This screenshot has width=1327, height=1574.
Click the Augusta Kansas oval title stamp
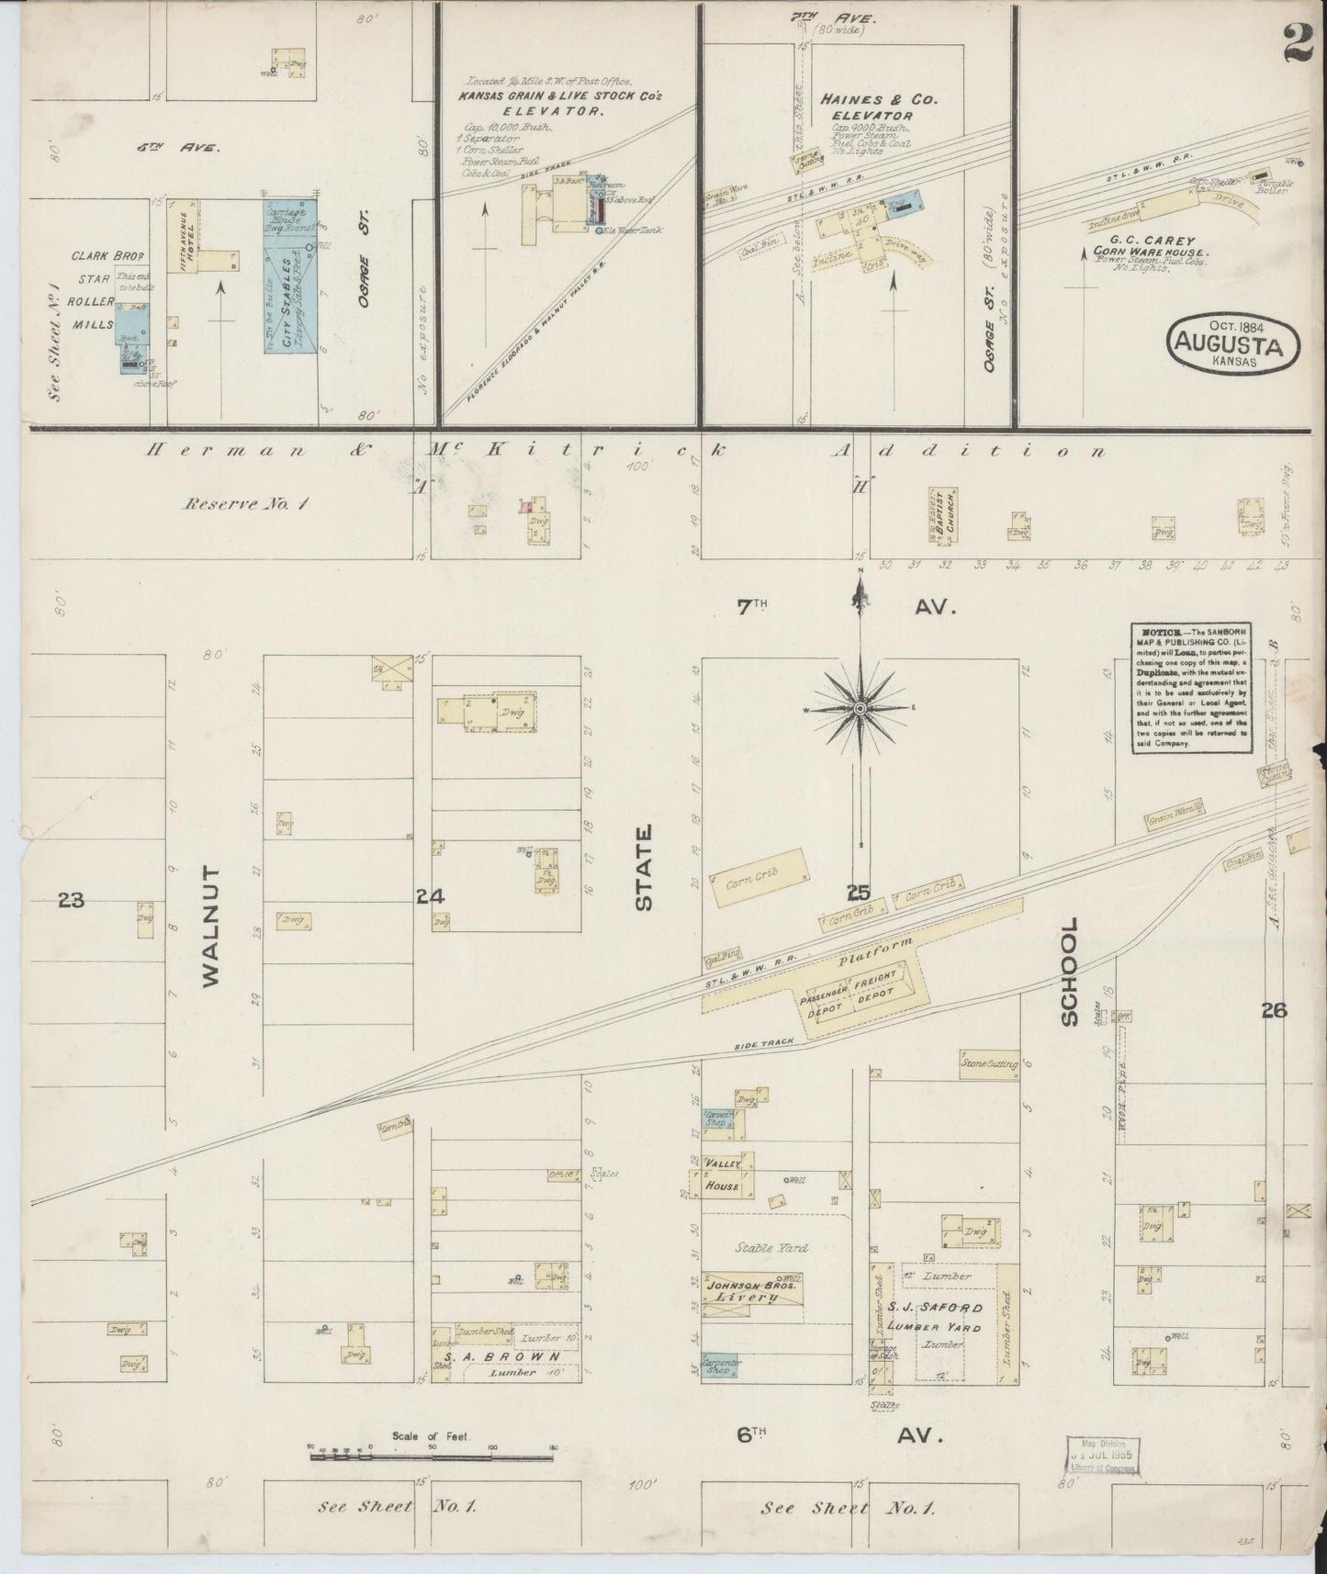coord(1234,343)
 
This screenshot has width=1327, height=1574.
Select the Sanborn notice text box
coord(1190,689)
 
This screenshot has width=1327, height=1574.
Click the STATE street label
coord(644,868)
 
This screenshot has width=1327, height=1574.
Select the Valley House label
coord(723,1175)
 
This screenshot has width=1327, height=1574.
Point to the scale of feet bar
coord(432,1452)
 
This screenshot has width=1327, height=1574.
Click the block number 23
coord(71,900)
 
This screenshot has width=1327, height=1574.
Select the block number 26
coord(1274,1011)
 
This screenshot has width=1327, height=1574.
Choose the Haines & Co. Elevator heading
coord(878,107)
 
